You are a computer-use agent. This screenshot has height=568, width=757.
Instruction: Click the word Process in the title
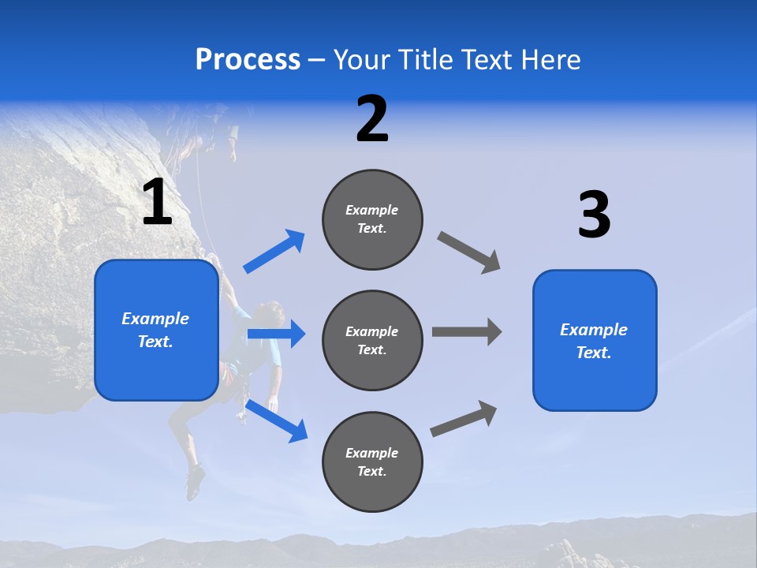click(248, 60)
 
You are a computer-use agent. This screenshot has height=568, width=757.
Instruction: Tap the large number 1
click(157, 203)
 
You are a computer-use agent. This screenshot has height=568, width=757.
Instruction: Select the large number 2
click(372, 120)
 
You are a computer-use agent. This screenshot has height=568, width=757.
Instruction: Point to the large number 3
click(594, 216)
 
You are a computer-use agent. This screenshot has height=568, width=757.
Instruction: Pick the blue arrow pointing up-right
click(275, 251)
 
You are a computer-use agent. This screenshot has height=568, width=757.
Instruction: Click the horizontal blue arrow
click(276, 334)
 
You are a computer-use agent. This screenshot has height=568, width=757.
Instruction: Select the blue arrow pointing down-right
click(277, 420)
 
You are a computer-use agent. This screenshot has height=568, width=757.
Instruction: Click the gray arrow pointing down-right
click(469, 252)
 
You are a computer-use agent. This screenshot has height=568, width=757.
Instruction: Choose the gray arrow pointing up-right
click(464, 418)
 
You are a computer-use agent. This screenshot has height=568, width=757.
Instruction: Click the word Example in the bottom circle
click(372, 453)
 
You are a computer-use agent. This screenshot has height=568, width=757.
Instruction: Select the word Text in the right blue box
click(593, 353)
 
